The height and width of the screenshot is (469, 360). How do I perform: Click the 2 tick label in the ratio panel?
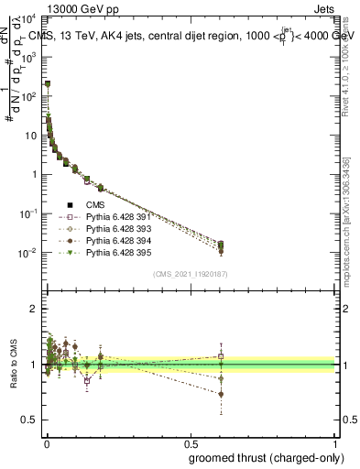pos(34,309)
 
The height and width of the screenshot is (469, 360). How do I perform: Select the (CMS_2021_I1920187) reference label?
pos(190,274)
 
